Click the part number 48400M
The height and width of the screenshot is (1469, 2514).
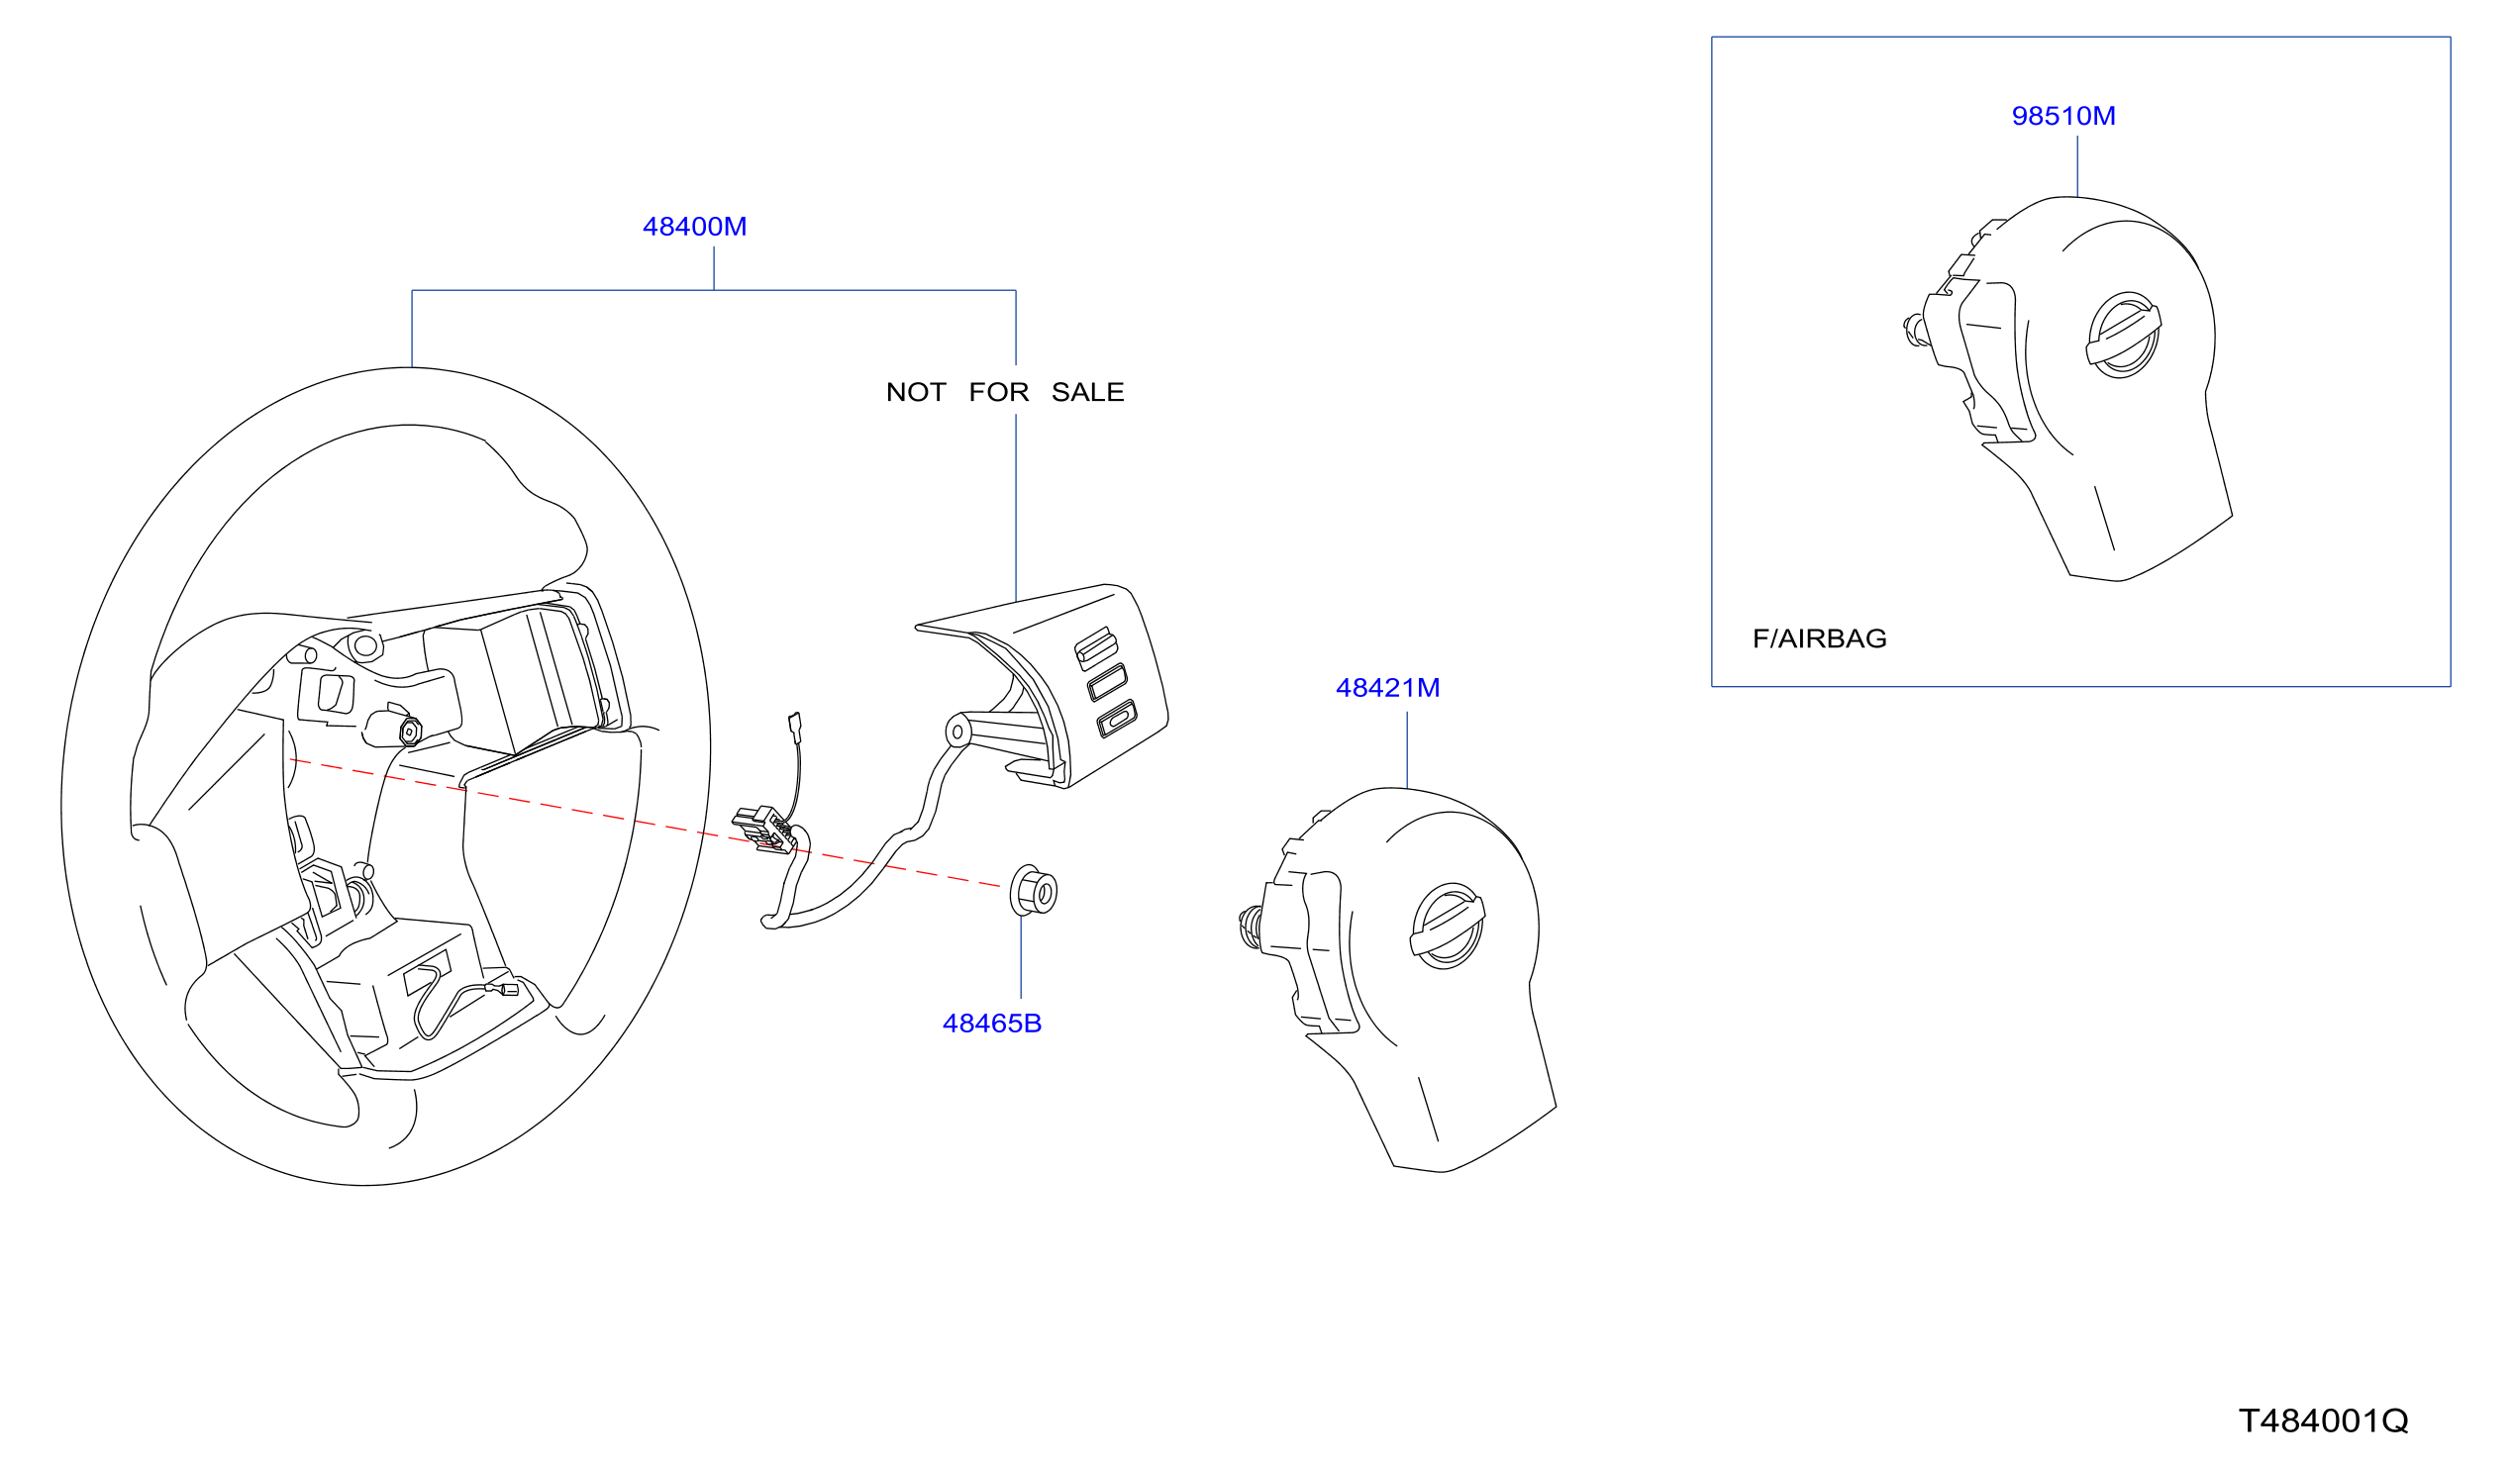pos(694,228)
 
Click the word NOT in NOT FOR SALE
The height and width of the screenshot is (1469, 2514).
pos(916,393)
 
